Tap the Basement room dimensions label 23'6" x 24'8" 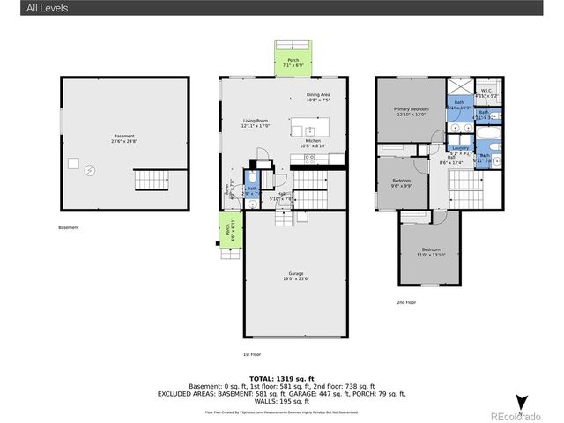click(x=123, y=140)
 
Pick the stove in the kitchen click(x=310, y=159)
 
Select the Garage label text click(x=296, y=274)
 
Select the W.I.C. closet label click(x=486, y=90)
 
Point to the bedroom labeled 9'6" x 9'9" click(x=402, y=182)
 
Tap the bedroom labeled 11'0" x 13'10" click(x=431, y=251)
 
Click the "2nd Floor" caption click(x=406, y=301)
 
